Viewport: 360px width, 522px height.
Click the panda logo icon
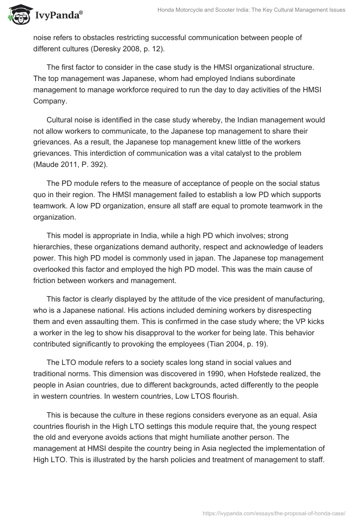pos(18,15)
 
